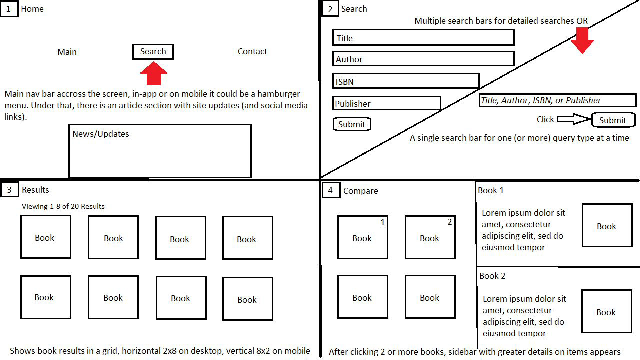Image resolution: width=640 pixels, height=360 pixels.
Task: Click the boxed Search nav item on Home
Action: (153, 52)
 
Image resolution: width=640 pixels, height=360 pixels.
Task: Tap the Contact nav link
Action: (252, 51)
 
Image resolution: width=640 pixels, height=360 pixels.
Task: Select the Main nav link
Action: (67, 52)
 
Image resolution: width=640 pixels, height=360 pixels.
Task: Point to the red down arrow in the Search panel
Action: (582, 40)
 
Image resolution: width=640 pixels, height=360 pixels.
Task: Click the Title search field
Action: (423, 38)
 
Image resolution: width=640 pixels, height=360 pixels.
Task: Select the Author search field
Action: (423, 59)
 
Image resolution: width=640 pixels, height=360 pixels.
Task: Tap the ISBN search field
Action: (405, 81)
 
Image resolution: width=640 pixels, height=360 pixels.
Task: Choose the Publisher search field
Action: (386, 103)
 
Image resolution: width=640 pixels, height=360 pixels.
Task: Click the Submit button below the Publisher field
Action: (352, 124)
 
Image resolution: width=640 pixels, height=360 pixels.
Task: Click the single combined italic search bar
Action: (557, 100)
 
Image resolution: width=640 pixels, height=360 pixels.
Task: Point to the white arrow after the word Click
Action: (573, 119)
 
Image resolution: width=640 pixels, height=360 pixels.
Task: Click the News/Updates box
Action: (160, 151)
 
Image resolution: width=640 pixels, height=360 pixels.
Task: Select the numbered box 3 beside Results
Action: (9, 190)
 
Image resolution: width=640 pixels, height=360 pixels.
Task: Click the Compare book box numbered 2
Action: (430, 237)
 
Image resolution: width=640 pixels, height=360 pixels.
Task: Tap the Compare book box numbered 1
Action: (362, 237)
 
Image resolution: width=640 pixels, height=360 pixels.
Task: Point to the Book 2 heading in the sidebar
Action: (492, 276)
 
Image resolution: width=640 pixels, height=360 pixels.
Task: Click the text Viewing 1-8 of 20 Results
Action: (63, 206)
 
